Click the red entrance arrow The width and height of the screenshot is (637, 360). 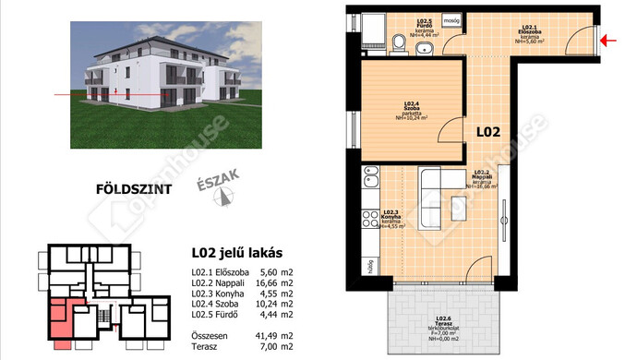(609, 40)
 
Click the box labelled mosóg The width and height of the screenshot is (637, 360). (451, 18)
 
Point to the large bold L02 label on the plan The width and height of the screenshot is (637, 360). (488, 132)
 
